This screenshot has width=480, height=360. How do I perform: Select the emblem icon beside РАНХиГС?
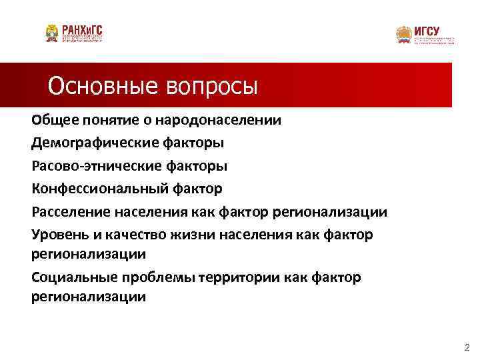tap(52, 33)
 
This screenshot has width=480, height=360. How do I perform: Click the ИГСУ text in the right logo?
tap(426, 30)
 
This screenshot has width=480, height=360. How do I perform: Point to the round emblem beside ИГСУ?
tap(403, 35)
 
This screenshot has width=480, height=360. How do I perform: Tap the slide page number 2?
tap(466, 347)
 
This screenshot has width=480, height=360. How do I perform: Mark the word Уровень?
tap(59, 235)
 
